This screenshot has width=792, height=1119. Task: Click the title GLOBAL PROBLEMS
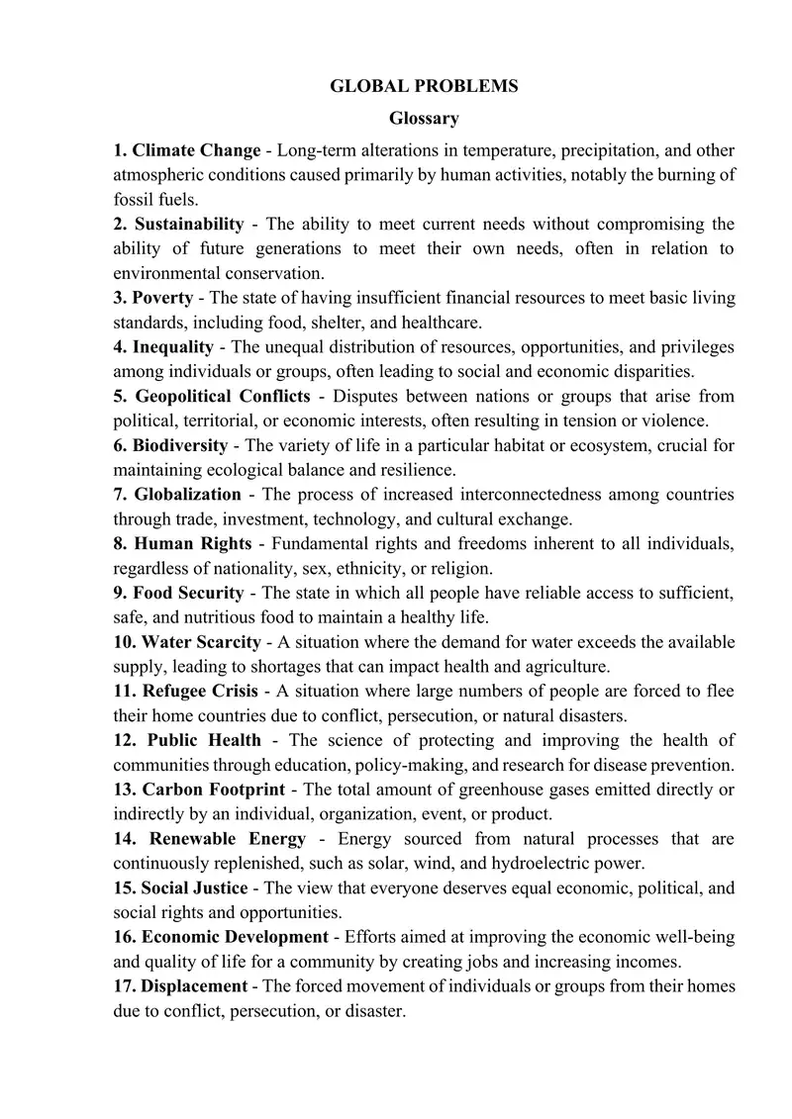(x=424, y=86)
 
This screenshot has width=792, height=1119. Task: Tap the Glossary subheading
(x=424, y=119)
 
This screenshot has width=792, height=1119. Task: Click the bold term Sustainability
(x=189, y=224)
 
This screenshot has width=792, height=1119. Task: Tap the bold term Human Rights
(x=194, y=543)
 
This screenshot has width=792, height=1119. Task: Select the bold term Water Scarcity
(x=202, y=642)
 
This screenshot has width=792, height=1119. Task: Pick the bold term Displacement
(x=194, y=986)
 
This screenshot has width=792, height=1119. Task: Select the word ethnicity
(x=373, y=568)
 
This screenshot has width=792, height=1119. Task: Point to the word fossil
(x=133, y=199)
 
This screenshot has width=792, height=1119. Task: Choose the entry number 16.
(x=126, y=937)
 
